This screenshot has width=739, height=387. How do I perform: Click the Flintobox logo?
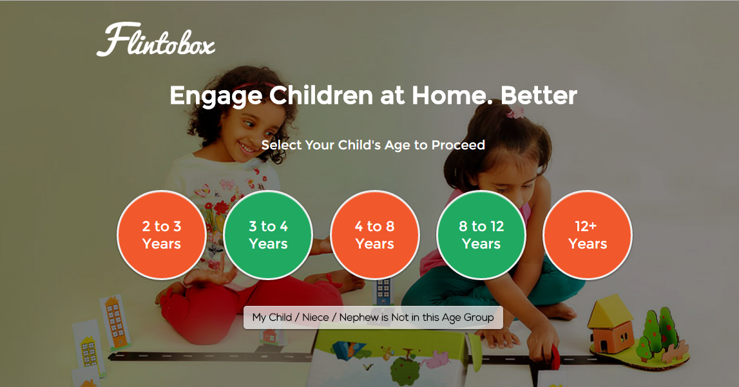click(156, 40)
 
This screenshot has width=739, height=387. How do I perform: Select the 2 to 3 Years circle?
click(162, 235)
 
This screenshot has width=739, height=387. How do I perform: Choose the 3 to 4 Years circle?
click(268, 235)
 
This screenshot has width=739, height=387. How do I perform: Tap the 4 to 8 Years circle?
click(375, 235)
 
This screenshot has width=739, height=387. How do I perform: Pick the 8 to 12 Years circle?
click(481, 235)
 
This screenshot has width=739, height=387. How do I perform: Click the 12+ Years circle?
click(588, 235)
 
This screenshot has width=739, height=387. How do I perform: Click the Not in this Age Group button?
click(373, 317)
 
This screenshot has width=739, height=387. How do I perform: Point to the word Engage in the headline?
click(216, 97)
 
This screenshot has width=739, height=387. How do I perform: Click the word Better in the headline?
click(539, 95)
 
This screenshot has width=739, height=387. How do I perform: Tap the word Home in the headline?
click(452, 95)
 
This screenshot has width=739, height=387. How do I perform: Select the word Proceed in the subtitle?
click(458, 145)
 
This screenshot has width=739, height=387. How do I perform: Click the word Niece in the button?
click(315, 317)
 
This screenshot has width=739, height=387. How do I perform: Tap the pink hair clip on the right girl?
click(515, 111)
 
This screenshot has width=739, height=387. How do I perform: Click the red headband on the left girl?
click(257, 86)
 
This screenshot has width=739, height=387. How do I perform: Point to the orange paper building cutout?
click(113, 322)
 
